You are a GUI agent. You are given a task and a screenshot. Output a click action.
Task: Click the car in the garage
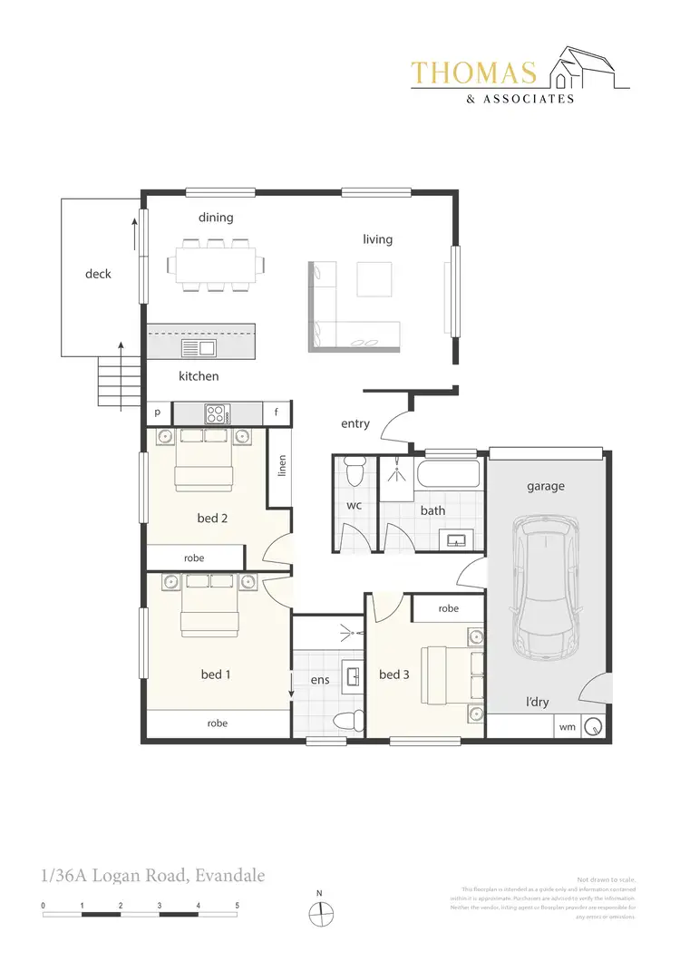546,587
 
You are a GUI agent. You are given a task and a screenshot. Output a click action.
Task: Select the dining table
217,265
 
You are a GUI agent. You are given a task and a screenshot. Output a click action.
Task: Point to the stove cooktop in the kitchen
218,413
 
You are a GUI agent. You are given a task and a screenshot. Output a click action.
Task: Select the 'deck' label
98,273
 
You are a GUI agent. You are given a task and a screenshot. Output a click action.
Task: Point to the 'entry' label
355,423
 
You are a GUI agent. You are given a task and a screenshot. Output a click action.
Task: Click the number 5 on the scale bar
238,906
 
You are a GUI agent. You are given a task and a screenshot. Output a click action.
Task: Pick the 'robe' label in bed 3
448,609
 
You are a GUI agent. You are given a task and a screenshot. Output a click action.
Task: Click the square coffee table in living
374,278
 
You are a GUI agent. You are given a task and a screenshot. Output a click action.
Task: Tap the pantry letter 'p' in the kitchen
158,412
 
